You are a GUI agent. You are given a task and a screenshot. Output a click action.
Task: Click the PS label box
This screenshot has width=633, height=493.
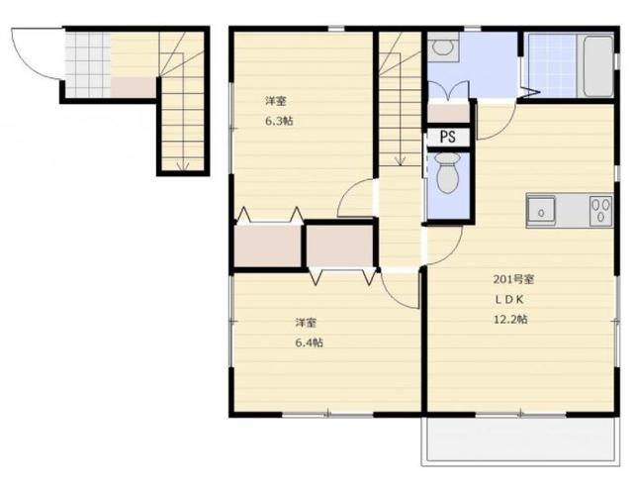(x=448, y=137)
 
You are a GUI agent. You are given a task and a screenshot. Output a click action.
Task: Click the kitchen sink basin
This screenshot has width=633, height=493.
(x=541, y=211)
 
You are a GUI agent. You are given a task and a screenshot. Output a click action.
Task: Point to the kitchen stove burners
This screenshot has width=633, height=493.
(x=600, y=211)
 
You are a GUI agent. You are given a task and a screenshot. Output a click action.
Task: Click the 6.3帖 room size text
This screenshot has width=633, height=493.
(x=279, y=121)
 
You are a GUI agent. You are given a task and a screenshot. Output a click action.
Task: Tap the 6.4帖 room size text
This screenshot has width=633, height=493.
(x=310, y=344)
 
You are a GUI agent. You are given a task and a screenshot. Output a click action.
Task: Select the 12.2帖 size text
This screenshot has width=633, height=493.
(x=510, y=319)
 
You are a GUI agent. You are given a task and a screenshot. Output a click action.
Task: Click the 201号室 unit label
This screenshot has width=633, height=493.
(x=514, y=279)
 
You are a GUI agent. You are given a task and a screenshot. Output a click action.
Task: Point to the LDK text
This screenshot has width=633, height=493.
(x=510, y=299)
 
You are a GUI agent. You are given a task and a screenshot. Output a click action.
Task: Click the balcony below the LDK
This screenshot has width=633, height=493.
(x=521, y=442)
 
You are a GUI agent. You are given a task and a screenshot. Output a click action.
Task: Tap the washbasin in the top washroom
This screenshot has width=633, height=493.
(x=443, y=48)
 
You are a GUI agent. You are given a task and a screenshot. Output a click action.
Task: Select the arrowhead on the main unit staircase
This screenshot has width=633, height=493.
(x=400, y=160)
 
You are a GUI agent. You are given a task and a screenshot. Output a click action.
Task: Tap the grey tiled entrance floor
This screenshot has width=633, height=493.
(x=88, y=64)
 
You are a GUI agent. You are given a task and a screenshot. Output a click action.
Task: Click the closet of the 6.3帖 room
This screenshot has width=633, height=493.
(x=268, y=245)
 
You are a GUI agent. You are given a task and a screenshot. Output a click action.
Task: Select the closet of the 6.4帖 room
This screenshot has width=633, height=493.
(x=339, y=246)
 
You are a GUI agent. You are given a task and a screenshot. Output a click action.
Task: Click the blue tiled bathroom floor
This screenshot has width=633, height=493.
(x=552, y=65)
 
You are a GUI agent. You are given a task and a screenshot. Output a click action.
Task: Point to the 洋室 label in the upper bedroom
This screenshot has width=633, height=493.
(x=276, y=101)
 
